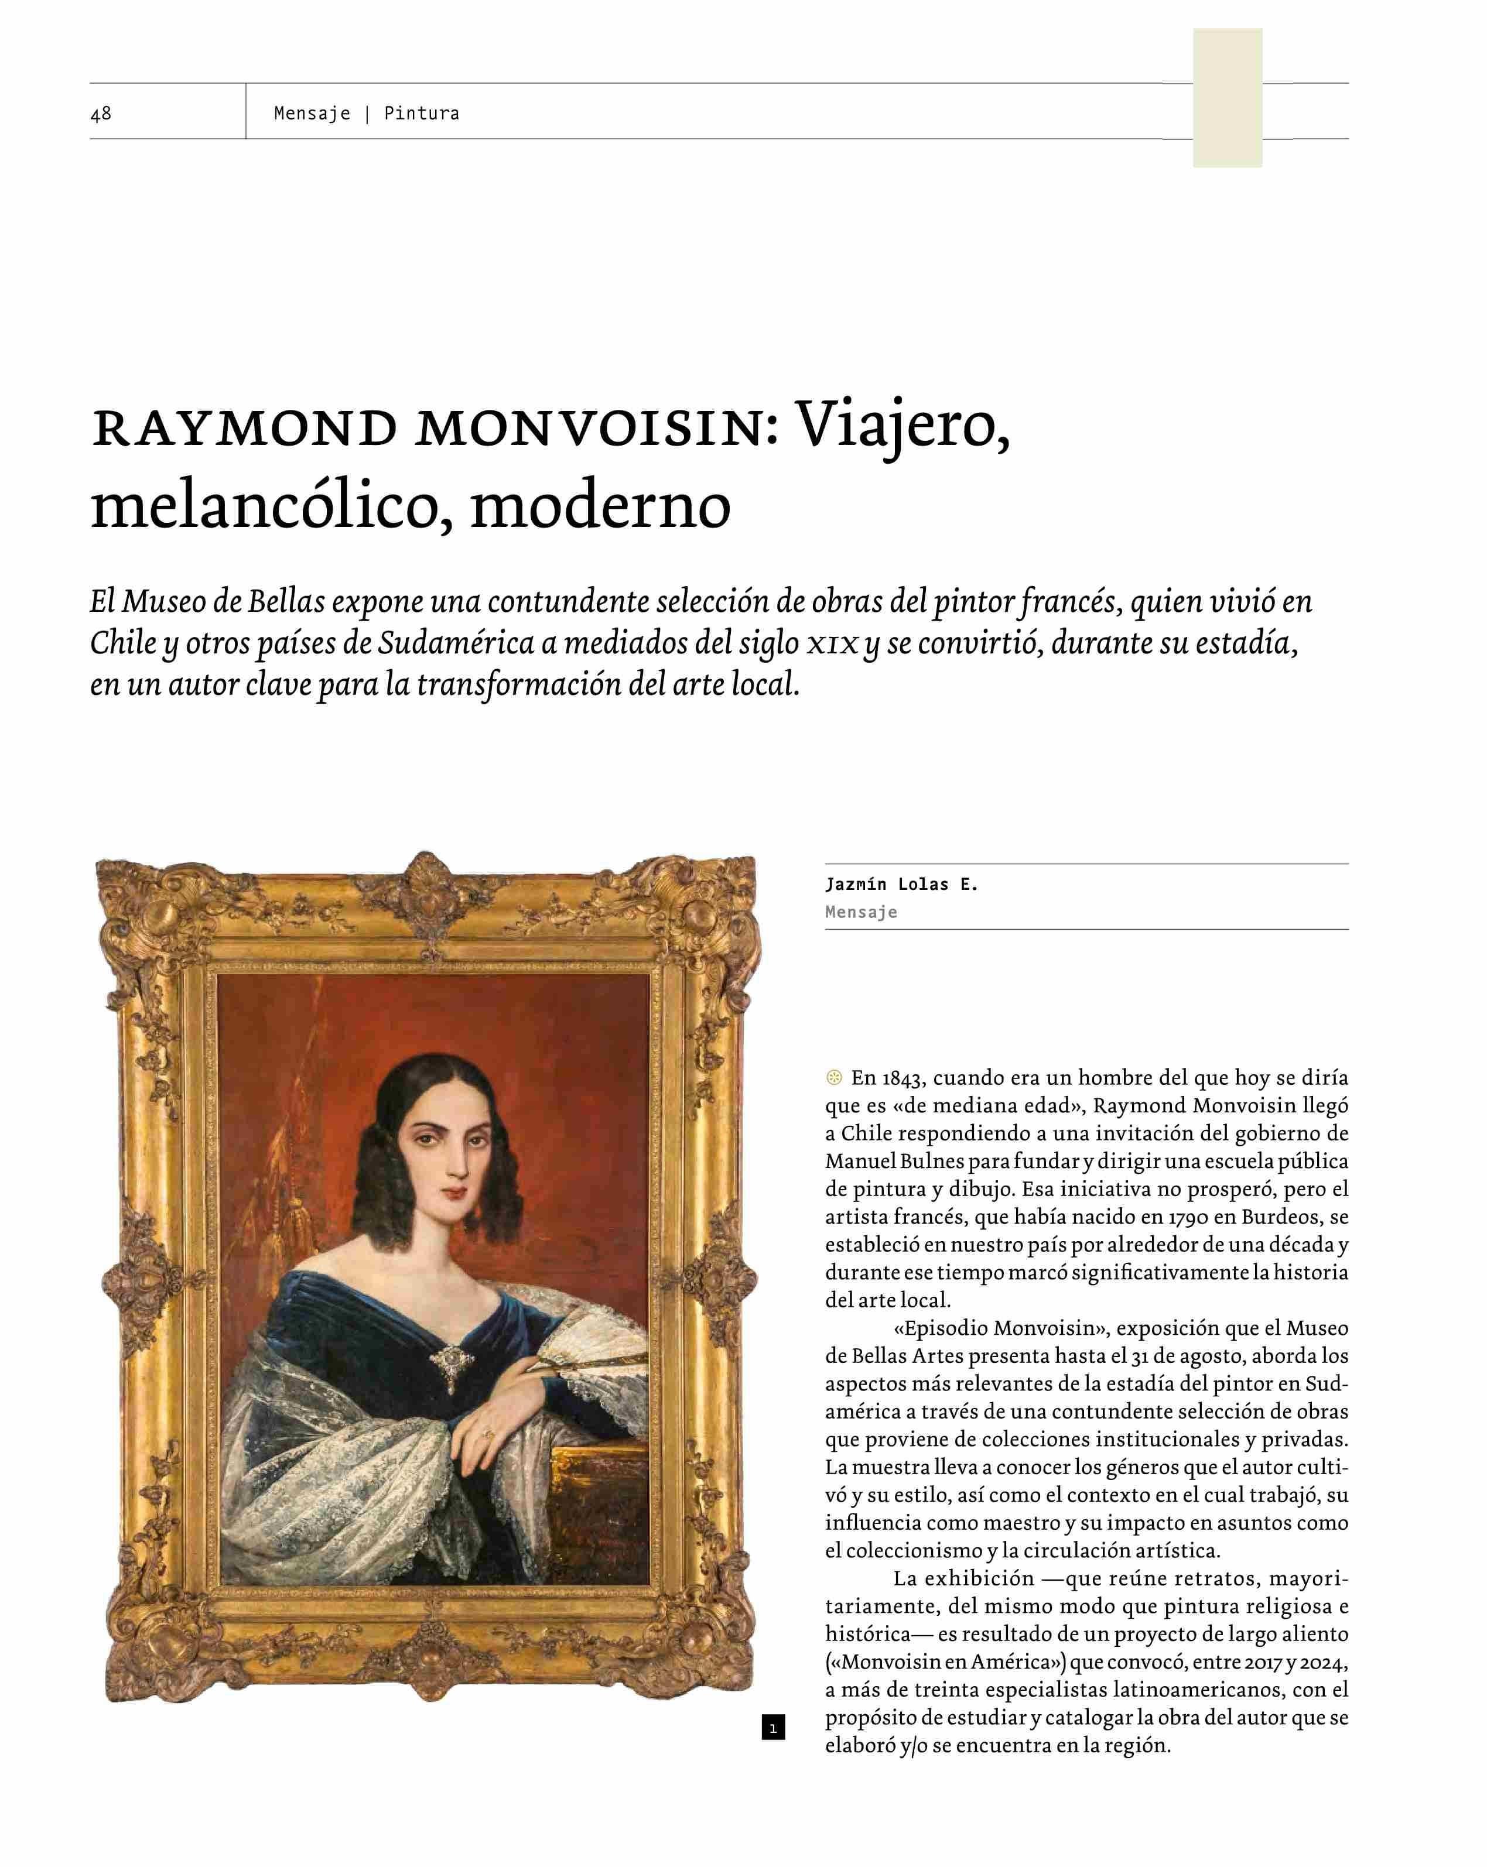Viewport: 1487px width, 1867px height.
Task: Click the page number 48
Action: (101, 114)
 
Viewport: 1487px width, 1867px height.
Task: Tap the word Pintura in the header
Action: (421, 114)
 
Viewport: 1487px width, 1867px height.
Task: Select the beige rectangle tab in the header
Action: (1226, 97)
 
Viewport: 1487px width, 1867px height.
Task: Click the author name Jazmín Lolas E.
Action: (901, 884)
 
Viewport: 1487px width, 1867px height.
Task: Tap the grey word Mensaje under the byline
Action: (861, 912)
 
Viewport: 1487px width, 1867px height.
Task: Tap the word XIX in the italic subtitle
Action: (833, 644)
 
